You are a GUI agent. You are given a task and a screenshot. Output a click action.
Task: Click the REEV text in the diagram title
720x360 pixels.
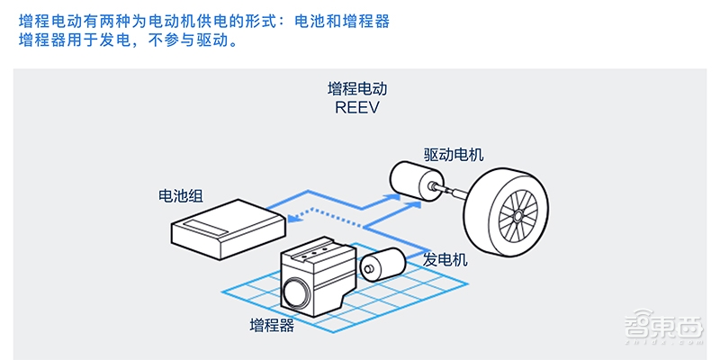click(358, 106)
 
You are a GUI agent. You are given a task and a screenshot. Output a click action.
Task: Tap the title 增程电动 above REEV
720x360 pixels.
click(358, 89)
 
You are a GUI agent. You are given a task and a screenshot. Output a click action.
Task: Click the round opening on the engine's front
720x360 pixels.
click(293, 292)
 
